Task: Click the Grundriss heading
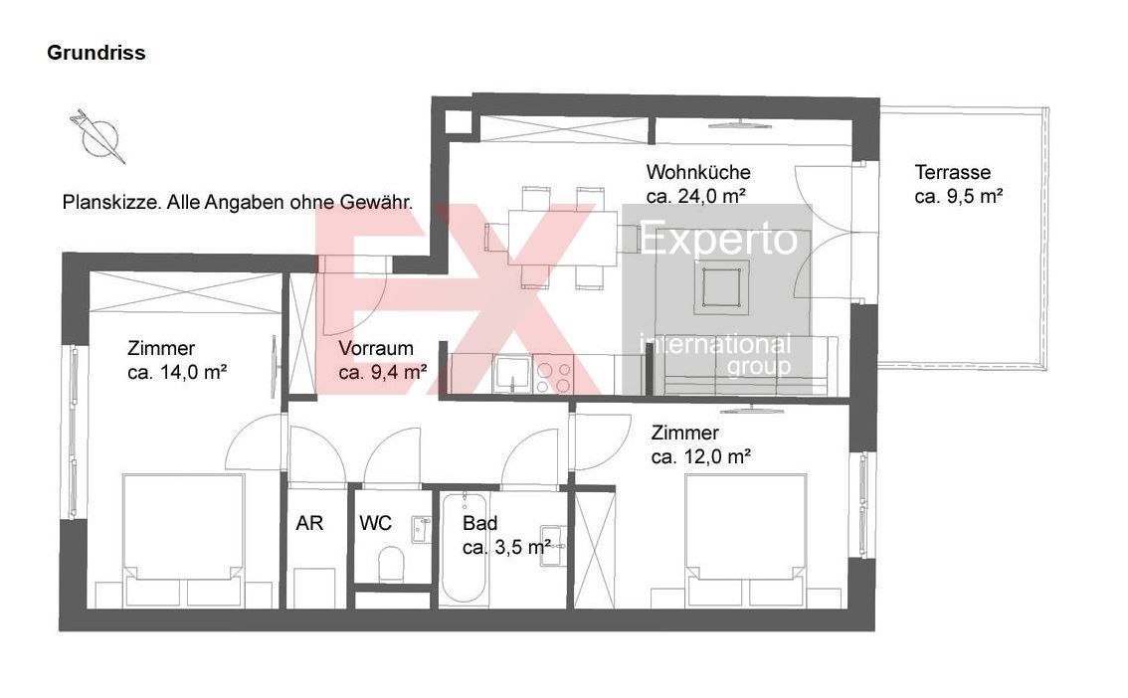click(x=96, y=53)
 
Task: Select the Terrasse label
click(x=953, y=173)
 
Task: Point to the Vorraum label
click(x=376, y=349)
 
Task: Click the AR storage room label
click(x=309, y=523)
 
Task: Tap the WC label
click(x=376, y=523)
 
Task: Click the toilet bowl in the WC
click(x=391, y=565)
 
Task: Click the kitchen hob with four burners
click(x=554, y=376)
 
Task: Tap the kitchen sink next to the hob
click(x=511, y=375)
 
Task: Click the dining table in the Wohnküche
click(x=563, y=238)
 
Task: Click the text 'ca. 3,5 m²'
click(x=507, y=548)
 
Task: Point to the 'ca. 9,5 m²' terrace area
click(x=958, y=196)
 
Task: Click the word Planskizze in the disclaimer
click(x=111, y=203)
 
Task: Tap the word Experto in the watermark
click(x=718, y=240)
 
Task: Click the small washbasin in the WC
click(x=421, y=529)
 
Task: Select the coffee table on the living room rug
click(x=721, y=287)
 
